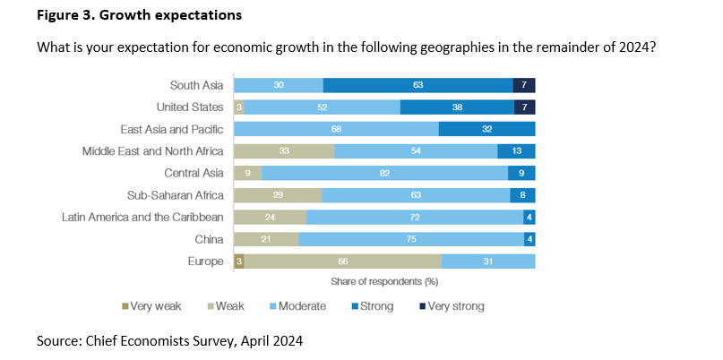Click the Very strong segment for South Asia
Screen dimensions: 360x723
[524, 85]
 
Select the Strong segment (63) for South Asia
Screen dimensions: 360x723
[418, 85]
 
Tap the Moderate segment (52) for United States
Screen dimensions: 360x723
[322, 107]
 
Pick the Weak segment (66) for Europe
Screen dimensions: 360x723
[342, 261]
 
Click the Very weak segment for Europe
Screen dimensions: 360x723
[238, 261]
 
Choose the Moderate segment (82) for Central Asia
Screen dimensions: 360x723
[384, 173]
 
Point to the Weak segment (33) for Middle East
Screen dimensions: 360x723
[284, 151]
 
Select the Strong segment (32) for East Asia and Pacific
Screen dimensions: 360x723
[486, 129]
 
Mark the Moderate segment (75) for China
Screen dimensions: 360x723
[411, 239]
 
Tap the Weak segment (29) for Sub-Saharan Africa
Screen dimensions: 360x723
[278, 195]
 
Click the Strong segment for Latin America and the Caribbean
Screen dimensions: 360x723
[529, 217]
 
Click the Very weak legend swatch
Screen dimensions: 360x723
[125, 306]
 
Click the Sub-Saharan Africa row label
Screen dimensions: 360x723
[174, 195]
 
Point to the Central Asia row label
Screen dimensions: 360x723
[194, 173]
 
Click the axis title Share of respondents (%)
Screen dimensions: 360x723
[383, 281]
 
